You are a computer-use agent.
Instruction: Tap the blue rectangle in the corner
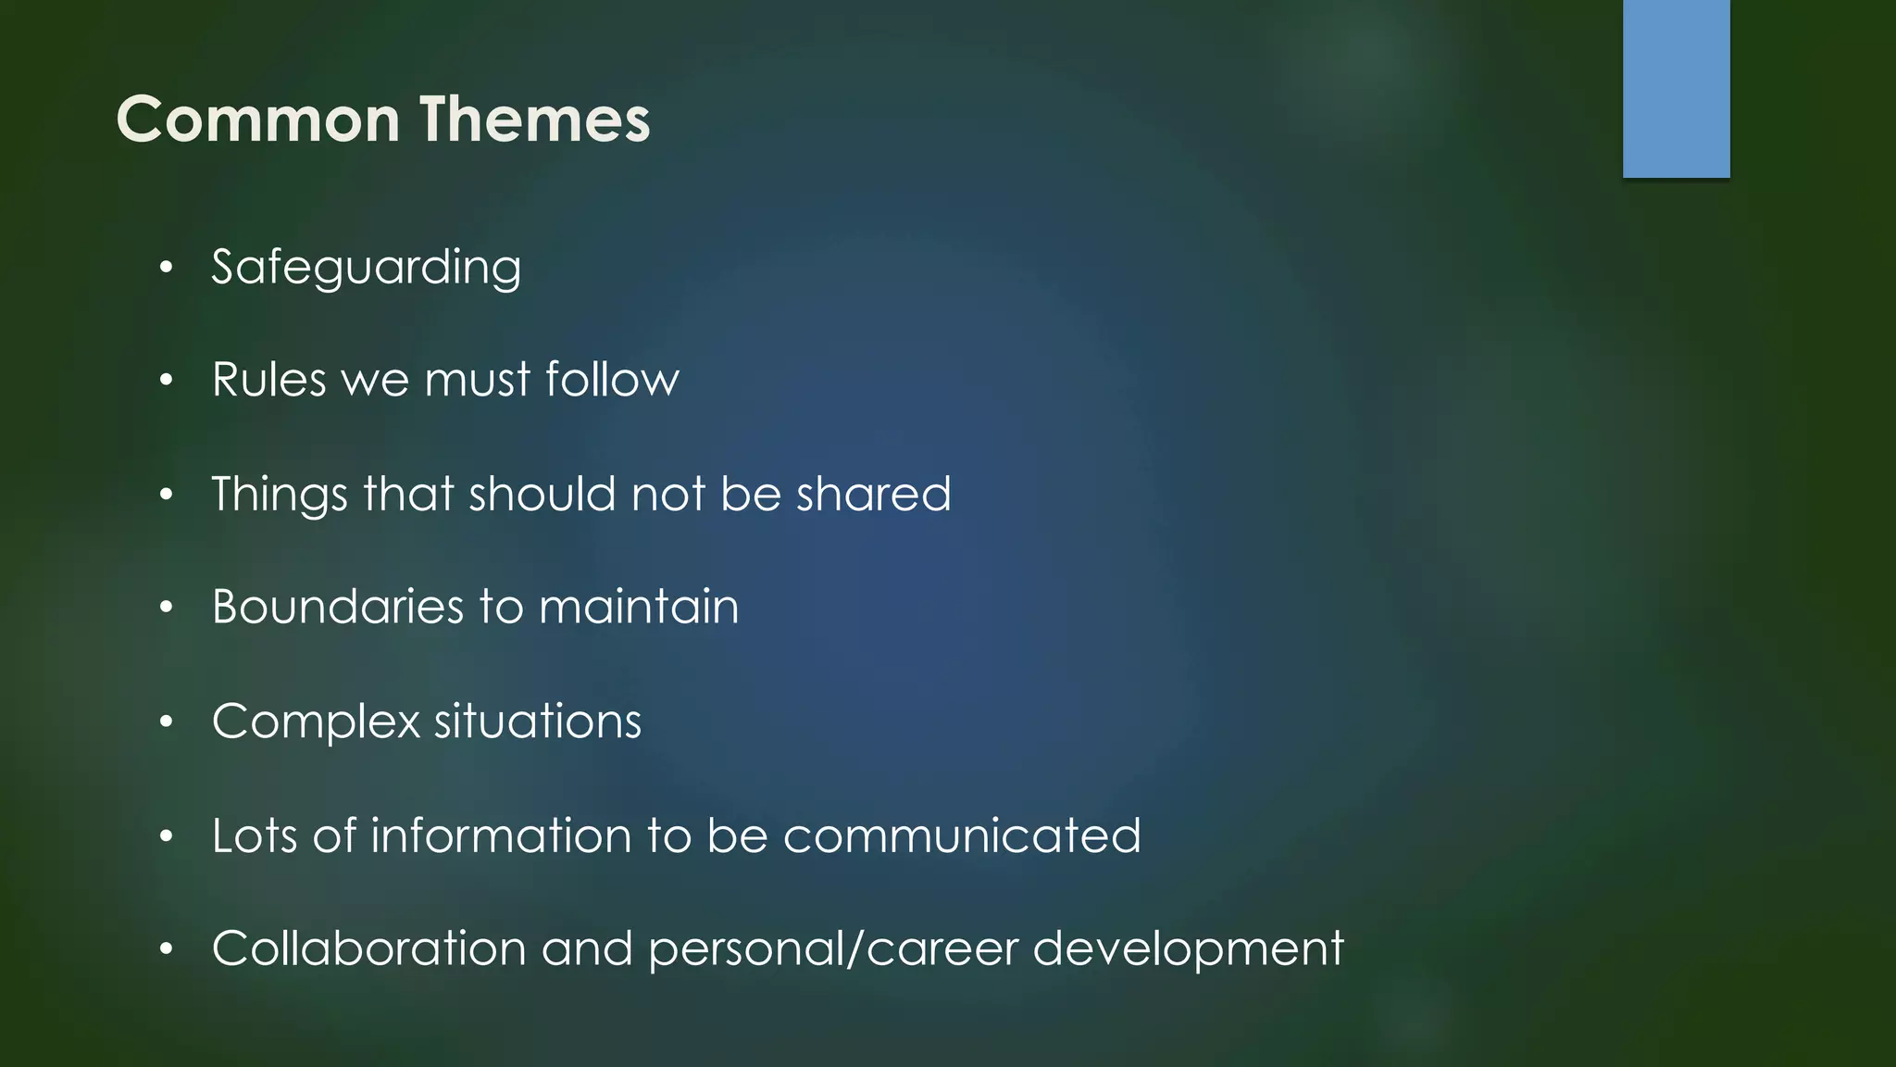click(x=1676, y=88)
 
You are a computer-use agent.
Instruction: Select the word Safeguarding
click(x=366, y=269)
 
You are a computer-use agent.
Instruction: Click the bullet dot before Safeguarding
click(x=166, y=269)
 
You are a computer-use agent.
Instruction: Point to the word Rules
click(x=268, y=380)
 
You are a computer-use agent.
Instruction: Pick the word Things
click(x=280, y=495)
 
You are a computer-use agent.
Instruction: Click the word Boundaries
click(x=337, y=608)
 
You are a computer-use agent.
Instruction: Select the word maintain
click(x=639, y=608)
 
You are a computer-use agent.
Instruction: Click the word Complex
click(x=316, y=722)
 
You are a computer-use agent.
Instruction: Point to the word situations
click(x=537, y=722)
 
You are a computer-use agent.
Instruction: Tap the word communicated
click(x=962, y=835)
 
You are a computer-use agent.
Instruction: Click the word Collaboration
click(x=369, y=949)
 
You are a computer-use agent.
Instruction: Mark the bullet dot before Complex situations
click(x=166, y=722)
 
